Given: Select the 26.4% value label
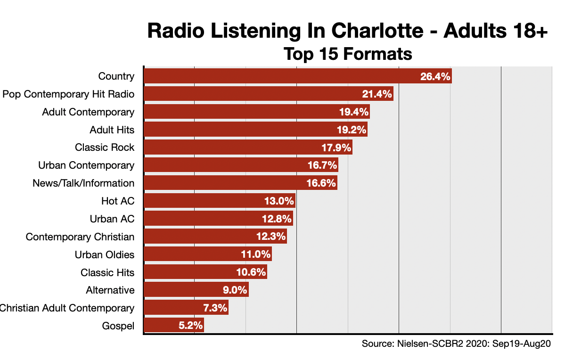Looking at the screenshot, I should [x=435, y=76].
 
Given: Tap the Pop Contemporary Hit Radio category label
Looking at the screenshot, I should [x=68, y=94].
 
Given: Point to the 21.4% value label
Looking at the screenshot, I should [x=377, y=94].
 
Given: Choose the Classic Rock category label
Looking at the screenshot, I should [x=105, y=147].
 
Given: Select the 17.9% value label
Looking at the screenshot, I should [x=336, y=147].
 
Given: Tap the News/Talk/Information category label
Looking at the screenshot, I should [x=83, y=183].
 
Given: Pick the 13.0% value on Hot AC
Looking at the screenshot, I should [x=279, y=201].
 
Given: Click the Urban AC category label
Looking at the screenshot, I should [x=112, y=219].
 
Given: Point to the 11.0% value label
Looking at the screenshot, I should [x=256, y=254].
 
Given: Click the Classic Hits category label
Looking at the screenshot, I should [x=107, y=272].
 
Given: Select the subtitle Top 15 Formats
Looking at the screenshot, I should [x=348, y=54].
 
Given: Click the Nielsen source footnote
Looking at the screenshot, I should [x=456, y=344].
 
